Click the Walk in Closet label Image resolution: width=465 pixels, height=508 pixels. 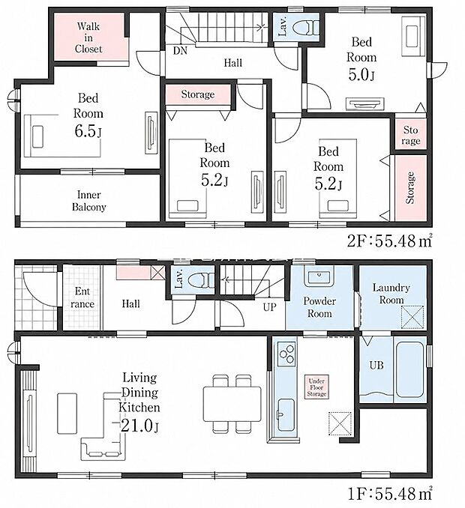(x=88, y=37)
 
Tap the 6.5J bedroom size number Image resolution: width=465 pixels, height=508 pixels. (x=88, y=132)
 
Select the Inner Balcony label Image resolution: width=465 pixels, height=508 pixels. (x=88, y=201)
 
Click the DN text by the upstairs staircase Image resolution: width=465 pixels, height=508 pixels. (x=180, y=51)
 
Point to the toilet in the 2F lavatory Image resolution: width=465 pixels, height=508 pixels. (x=305, y=27)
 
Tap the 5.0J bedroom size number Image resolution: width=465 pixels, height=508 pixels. (x=361, y=74)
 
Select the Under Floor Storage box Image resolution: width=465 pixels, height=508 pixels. (x=316, y=387)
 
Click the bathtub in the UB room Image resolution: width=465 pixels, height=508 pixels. (x=409, y=369)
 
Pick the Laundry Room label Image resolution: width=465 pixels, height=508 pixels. (x=391, y=294)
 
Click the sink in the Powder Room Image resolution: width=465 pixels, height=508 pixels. (x=319, y=276)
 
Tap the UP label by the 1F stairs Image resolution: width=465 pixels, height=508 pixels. (x=269, y=307)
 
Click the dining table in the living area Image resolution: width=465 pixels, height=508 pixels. (x=232, y=404)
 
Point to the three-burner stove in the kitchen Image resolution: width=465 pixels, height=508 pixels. (x=286, y=354)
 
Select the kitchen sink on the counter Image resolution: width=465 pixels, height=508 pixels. (x=286, y=415)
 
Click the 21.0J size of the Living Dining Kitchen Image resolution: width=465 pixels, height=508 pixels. (x=139, y=426)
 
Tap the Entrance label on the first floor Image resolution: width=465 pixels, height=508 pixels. (x=82, y=297)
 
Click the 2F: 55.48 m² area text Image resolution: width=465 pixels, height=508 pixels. (x=390, y=241)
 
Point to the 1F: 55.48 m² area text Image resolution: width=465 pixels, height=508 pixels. (x=390, y=494)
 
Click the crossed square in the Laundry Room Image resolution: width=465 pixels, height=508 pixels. (x=412, y=317)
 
